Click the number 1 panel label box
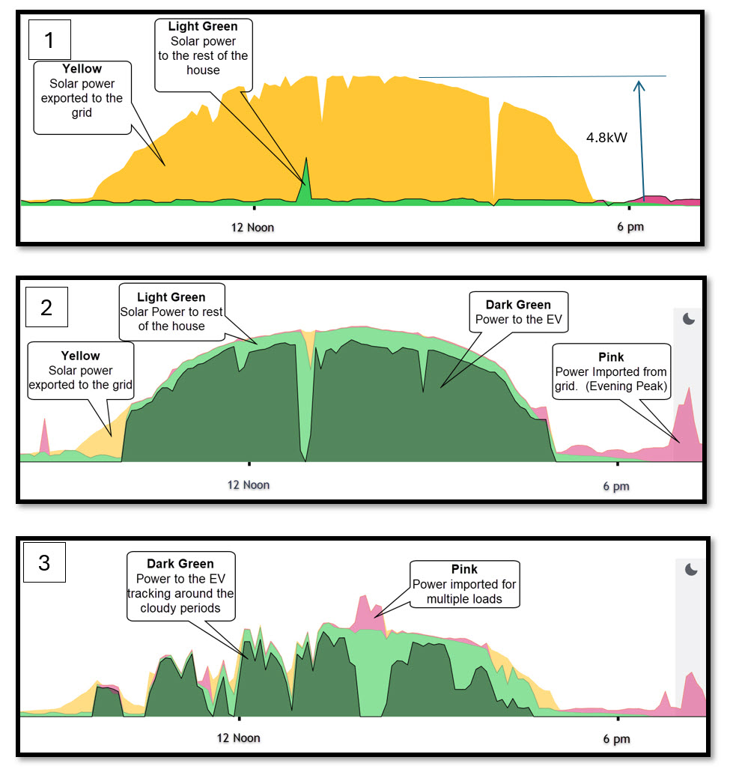(49, 40)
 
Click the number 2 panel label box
(46, 308)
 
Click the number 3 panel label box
(44, 562)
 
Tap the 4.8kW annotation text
(606, 139)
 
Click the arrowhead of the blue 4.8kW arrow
(639, 84)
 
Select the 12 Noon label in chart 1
(252, 227)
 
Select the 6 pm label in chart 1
(630, 227)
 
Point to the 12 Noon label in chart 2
(249, 484)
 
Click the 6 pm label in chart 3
(616, 739)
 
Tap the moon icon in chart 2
(689, 319)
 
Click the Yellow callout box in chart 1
(82, 97)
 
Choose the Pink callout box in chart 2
(610, 372)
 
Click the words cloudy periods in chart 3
(180, 608)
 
